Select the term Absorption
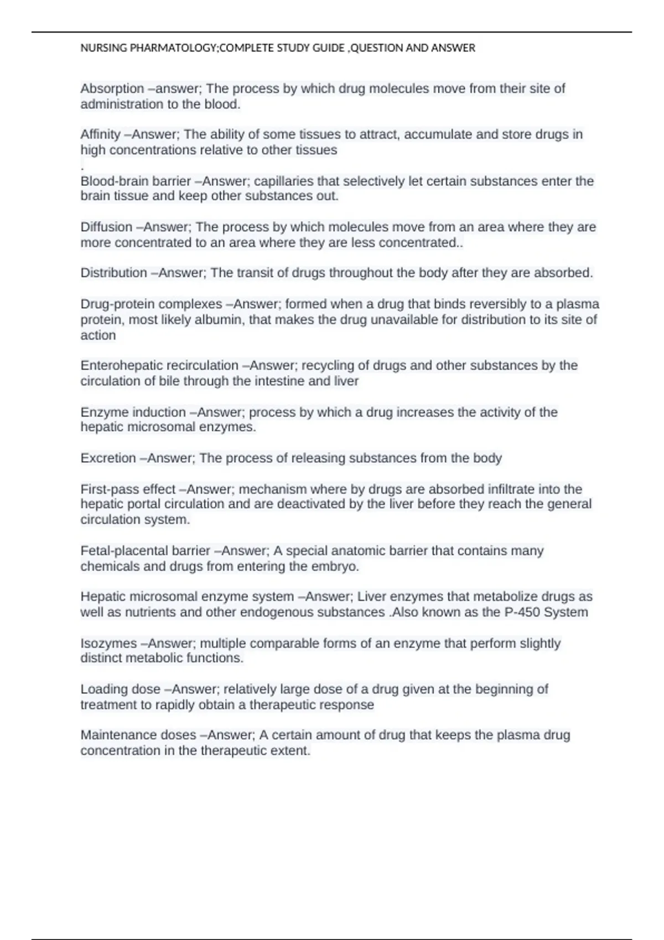[x=112, y=88]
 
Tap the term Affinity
[x=100, y=134]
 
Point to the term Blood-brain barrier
[x=136, y=181]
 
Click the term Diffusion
[x=106, y=227]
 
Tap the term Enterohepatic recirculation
[x=159, y=365]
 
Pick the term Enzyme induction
[x=133, y=412]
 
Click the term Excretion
[x=108, y=458]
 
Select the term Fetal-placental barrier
[x=145, y=551]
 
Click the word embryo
[x=334, y=566]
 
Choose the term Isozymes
[x=108, y=644]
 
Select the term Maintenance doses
[x=138, y=735]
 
